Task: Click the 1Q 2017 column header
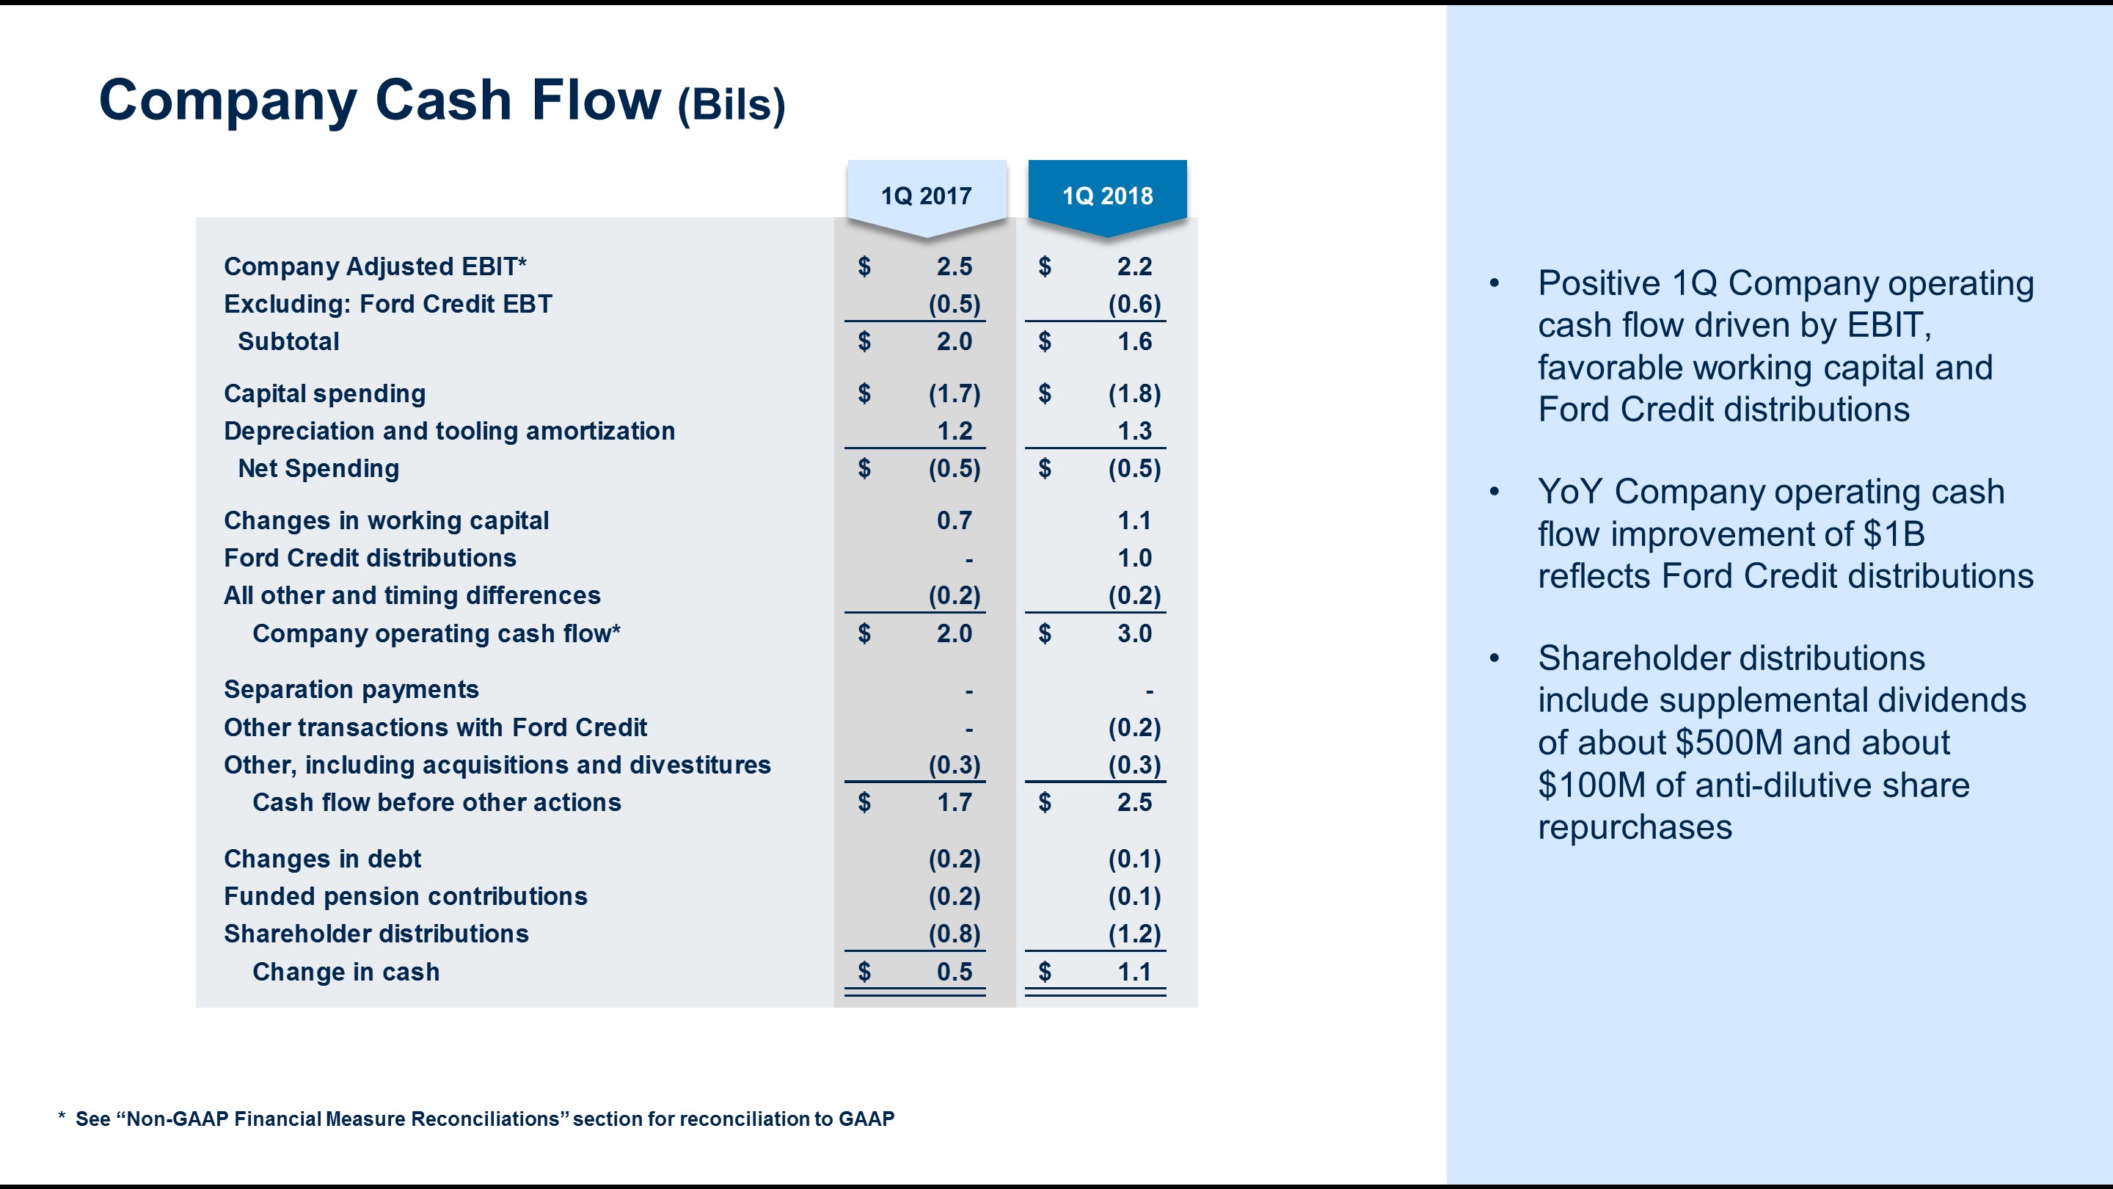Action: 926,196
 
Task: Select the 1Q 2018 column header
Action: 1107,196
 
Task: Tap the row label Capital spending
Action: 325,394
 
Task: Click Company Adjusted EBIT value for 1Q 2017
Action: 954,266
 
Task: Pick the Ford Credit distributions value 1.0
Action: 1134,558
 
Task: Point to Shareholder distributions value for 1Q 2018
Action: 1134,934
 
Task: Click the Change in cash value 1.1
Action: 1134,972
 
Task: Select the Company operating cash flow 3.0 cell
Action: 1134,633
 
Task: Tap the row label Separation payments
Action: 351,689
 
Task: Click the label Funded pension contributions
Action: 405,896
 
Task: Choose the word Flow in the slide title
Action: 596,100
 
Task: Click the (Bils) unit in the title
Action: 731,105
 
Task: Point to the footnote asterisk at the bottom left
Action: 62,1117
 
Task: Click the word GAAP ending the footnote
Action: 866,1119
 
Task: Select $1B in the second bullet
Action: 1893,534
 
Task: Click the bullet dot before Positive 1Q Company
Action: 1495,284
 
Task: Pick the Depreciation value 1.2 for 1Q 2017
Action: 954,431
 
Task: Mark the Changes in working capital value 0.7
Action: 954,520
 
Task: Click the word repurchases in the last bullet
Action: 1635,827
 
